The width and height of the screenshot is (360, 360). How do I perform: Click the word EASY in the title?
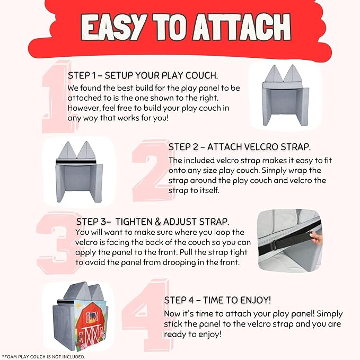pos(114,28)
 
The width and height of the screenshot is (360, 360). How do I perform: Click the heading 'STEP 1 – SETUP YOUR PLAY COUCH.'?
pos(143,75)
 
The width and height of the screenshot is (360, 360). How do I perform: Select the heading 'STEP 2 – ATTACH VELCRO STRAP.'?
pos(240,147)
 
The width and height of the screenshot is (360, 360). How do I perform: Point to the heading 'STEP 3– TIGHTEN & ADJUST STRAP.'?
pos(153,222)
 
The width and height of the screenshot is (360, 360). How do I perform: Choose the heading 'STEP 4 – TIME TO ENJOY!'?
pos(217,300)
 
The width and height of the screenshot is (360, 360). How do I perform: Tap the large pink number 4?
pos(147,315)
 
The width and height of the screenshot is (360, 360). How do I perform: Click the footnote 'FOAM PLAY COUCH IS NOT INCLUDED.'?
pos(43,357)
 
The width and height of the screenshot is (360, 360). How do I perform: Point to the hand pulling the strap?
pos(316,238)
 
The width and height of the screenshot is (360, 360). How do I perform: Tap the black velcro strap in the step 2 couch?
pos(76,162)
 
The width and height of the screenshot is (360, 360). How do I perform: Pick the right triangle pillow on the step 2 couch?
pos(86,151)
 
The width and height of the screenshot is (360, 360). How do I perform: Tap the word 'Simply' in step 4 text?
pos(330,314)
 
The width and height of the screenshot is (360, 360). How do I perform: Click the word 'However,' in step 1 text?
pos(84,108)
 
